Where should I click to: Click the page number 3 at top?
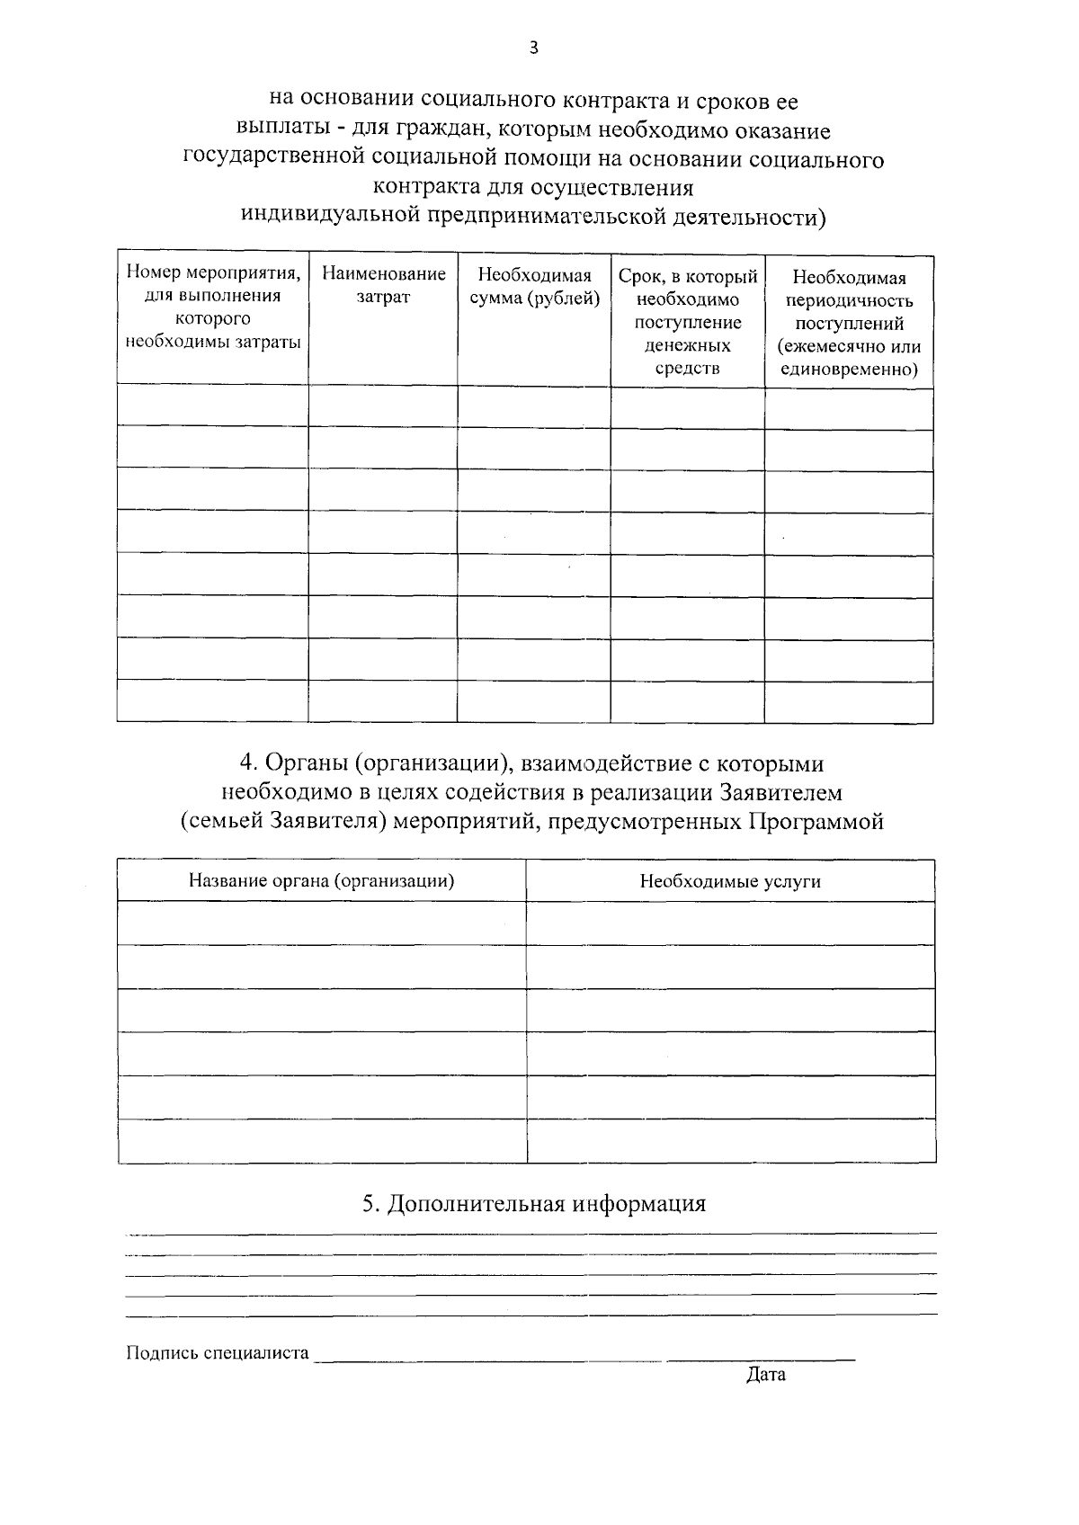pyautogui.click(x=534, y=48)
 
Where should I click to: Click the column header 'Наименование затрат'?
pyautogui.click(x=383, y=285)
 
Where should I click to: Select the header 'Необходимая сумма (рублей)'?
pyautogui.click(x=534, y=287)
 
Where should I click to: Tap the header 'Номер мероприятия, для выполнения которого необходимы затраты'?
pyautogui.click(x=213, y=307)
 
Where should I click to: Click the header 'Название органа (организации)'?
pyautogui.click(x=321, y=880)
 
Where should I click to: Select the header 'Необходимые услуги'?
pyautogui.click(x=730, y=881)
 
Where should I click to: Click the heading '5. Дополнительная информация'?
pyautogui.click(x=534, y=1203)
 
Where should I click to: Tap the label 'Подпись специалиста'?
pyautogui.click(x=218, y=1352)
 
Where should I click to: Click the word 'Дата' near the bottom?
pyautogui.click(x=765, y=1374)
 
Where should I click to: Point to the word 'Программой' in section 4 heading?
pyautogui.click(x=816, y=822)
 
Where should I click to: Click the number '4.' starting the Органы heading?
pyautogui.click(x=248, y=763)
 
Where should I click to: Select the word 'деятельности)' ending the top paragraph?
pyautogui.click(x=753, y=217)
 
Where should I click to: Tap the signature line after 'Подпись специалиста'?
pyautogui.click(x=486, y=1358)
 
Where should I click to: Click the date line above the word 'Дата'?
pyautogui.click(x=762, y=1358)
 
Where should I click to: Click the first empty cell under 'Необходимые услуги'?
pyautogui.click(x=730, y=923)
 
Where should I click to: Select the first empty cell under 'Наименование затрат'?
pyautogui.click(x=383, y=406)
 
